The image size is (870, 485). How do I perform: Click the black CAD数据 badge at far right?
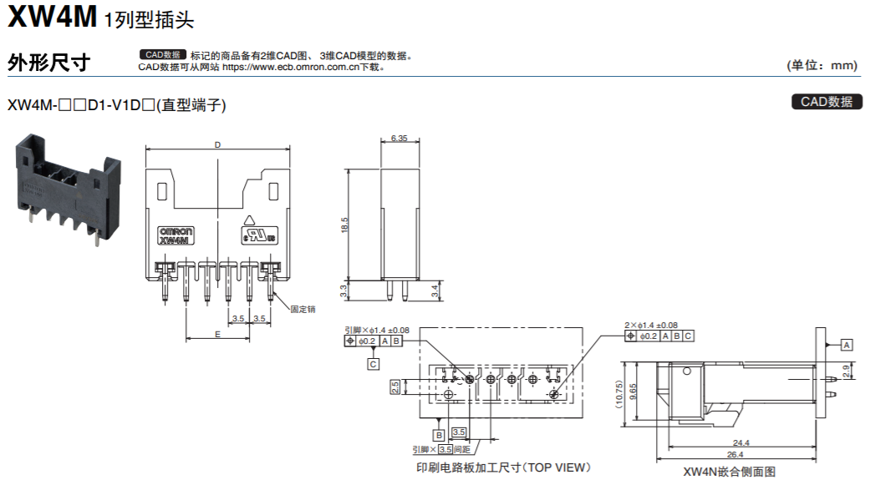[826, 102]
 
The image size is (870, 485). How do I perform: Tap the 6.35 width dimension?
[399, 139]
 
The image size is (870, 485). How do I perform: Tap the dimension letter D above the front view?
[217, 144]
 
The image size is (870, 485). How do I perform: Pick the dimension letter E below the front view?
[217, 333]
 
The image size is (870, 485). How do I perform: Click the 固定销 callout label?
[303, 309]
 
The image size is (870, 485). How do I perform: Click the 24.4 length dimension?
[740, 442]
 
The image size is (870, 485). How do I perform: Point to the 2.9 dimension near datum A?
[847, 371]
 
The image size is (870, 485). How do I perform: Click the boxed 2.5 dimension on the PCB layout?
[394, 386]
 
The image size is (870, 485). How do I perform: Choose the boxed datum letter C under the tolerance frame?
[373, 364]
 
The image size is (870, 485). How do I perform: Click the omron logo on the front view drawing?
[176, 230]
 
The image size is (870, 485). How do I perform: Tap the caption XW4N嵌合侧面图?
[729, 472]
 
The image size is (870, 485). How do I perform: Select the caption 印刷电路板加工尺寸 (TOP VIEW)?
[503, 467]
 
